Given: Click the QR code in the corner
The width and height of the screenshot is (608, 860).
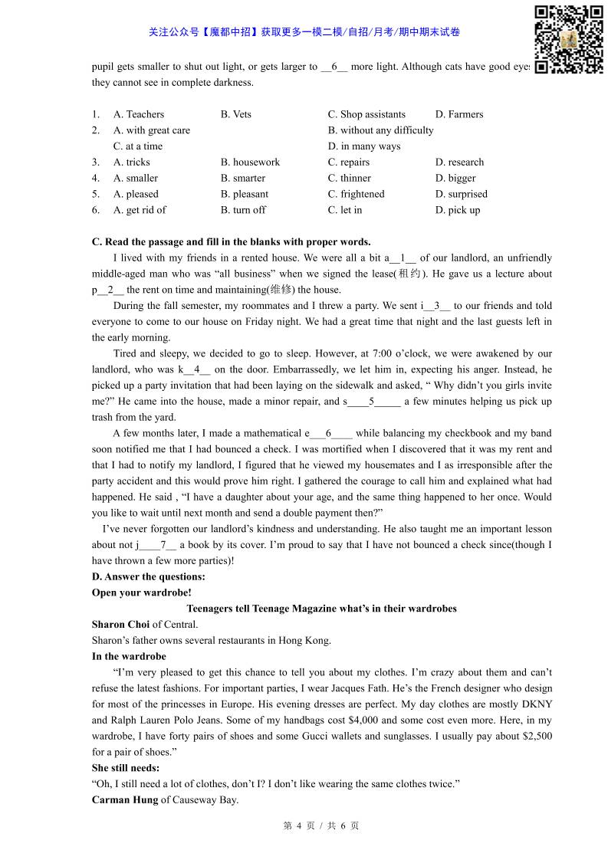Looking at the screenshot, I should coord(568,39).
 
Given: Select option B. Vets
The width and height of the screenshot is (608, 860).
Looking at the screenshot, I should coord(235,114).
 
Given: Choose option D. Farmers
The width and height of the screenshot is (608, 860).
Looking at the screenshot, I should coord(458,114).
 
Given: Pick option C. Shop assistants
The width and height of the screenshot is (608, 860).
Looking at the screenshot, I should coord(366,114).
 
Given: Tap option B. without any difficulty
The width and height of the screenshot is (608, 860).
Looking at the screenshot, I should coord(380,130).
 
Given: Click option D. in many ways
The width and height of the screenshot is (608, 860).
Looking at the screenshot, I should coord(364,146).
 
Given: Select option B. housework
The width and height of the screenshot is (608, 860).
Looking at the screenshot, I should coord(250,162).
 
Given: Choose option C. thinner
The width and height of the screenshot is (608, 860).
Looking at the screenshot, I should coord(349,179).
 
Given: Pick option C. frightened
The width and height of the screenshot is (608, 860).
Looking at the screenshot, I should coord(356,195).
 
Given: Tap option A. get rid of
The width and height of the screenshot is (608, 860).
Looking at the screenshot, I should coord(140,210).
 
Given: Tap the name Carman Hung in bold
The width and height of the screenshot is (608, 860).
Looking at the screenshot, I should coord(124,800).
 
